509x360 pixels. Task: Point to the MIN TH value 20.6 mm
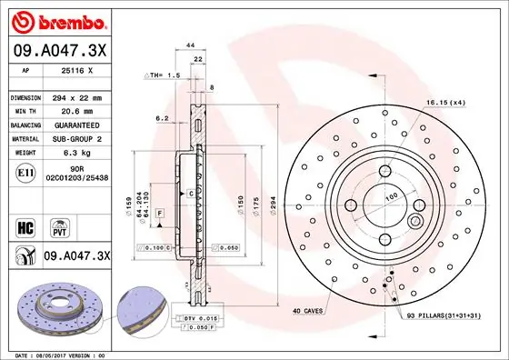click(x=75, y=111)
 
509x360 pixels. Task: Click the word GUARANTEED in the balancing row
click(x=76, y=125)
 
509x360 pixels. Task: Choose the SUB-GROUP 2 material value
click(x=76, y=139)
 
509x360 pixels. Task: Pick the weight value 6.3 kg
click(x=76, y=154)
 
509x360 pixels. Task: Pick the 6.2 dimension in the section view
click(x=161, y=117)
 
